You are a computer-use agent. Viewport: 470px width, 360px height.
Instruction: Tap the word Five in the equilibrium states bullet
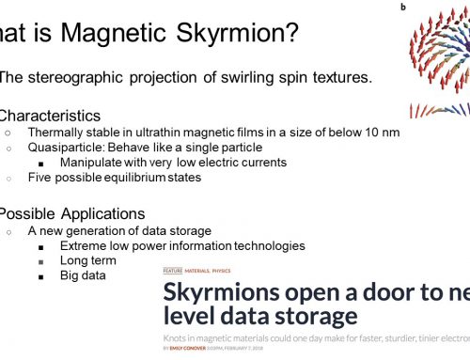tap(41, 178)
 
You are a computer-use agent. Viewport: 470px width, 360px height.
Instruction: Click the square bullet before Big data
tap(41, 276)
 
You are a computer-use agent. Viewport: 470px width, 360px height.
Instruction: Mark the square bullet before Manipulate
tap(41, 162)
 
